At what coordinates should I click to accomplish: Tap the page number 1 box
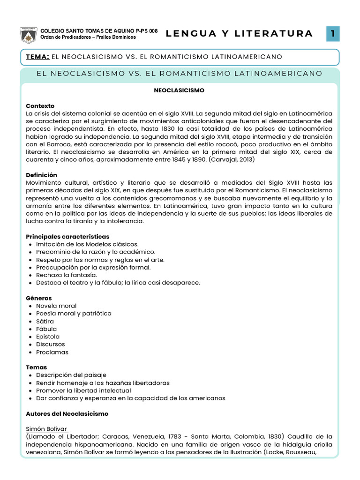332,33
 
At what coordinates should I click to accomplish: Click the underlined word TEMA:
38,57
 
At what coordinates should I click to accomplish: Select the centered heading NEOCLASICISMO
180,90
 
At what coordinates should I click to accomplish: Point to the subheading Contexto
40,106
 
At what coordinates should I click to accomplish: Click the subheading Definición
41,175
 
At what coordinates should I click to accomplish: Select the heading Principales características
67,237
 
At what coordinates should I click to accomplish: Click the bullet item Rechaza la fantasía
67,275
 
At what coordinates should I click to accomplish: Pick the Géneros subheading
39,298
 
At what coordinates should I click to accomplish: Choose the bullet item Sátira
45,321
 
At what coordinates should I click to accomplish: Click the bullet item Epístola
48,337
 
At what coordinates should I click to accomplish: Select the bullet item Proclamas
52,352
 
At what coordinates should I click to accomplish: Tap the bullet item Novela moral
56,306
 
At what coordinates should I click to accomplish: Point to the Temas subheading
37,367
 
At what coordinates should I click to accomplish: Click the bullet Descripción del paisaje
71,375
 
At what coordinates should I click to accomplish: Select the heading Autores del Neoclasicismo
67,414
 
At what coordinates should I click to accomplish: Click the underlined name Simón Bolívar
47,429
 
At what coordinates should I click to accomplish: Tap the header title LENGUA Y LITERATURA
239,33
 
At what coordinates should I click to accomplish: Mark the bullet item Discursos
51,344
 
